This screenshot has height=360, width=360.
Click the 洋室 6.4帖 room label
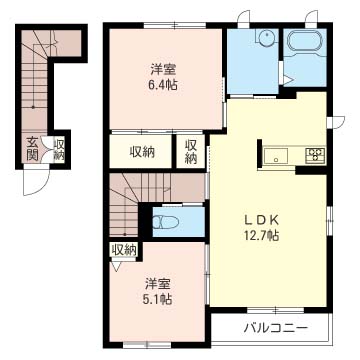coord(163,77)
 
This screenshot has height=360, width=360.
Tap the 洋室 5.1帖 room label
coord(158,291)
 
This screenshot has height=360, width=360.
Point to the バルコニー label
coord(275,328)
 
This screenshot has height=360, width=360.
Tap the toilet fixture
coord(165,222)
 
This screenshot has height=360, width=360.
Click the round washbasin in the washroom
coord(266,36)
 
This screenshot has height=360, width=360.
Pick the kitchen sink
coord(276,156)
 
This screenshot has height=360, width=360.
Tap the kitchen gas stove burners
coord(315,155)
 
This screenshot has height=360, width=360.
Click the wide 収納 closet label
coord(142,152)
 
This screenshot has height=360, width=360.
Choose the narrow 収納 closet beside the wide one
coord(191,152)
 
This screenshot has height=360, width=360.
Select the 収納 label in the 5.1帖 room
coord(124,250)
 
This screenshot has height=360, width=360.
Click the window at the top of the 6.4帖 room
coord(175,25)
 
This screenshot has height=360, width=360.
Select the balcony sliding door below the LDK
coord(276,310)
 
